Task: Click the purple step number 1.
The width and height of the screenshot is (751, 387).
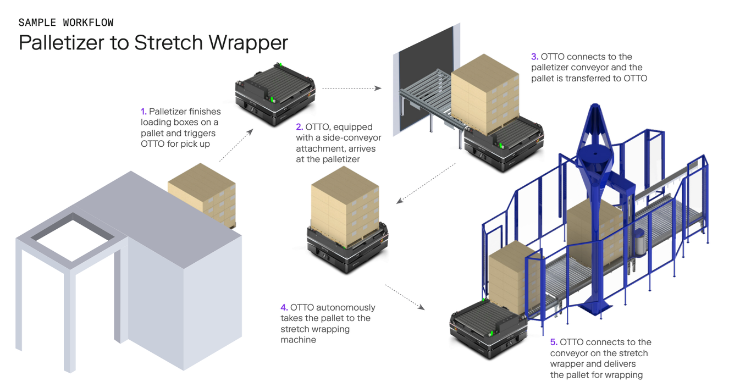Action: (x=143, y=112)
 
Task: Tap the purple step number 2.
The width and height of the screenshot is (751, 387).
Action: (x=300, y=127)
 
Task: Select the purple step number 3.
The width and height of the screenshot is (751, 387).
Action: (x=534, y=57)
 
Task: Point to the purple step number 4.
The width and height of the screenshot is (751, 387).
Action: (x=284, y=307)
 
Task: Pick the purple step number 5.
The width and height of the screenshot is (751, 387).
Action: (x=554, y=342)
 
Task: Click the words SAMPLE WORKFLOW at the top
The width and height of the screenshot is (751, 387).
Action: (x=66, y=23)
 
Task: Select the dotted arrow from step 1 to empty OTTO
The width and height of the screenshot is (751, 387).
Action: (x=236, y=145)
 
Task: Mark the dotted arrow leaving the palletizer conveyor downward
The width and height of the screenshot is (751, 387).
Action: (x=427, y=183)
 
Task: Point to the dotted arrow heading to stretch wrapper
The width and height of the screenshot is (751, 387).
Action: (x=405, y=297)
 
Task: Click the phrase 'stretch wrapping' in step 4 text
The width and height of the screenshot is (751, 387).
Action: (x=315, y=329)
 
